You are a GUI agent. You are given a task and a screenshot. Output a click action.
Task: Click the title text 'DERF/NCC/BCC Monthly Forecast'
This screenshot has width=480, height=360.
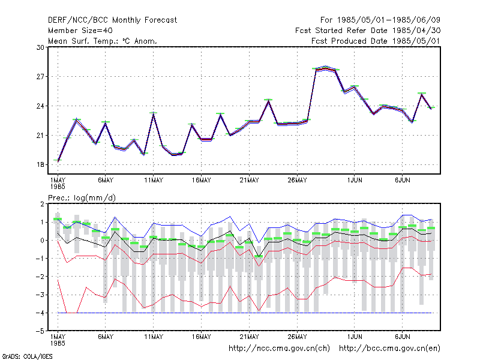tap(112, 20)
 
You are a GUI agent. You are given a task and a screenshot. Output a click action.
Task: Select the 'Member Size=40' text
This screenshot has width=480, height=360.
tap(80, 31)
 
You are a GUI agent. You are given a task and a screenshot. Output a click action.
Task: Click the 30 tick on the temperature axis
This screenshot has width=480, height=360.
tap(40, 47)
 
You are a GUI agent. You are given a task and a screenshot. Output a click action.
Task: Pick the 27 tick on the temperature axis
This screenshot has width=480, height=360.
tap(40, 77)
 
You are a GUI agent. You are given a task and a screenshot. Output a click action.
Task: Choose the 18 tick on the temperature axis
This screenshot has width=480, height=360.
tap(40, 164)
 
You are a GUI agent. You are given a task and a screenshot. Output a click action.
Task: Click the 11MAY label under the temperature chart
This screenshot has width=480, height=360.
tap(154, 181)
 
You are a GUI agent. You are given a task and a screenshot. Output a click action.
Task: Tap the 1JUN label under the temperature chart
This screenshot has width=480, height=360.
tap(355, 181)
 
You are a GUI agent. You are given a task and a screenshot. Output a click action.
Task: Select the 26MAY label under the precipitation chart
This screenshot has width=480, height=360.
tap(297, 337)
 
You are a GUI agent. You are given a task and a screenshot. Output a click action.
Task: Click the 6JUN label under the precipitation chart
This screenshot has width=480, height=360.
tap(402, 337)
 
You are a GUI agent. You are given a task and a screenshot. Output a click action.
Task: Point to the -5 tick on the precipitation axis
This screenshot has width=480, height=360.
tap(40, 331)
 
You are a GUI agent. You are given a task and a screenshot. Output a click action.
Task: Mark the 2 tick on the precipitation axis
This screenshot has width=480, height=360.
tap(42, 204)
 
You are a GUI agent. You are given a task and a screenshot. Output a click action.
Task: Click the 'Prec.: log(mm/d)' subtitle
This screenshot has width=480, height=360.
tap(82, 198)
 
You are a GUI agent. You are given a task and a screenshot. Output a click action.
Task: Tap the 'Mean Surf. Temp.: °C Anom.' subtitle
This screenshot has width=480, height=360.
tap(102, 41)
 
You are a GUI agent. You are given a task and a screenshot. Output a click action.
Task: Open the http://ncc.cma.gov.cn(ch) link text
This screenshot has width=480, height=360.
tap(279, 349)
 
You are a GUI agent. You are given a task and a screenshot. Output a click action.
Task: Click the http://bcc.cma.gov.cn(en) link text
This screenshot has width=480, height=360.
tap(389, 349)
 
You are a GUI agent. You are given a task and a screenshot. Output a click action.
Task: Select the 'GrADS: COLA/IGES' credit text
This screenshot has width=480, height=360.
tap(27, 356)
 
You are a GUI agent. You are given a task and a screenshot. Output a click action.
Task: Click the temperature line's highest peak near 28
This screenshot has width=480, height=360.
tap(325, 68)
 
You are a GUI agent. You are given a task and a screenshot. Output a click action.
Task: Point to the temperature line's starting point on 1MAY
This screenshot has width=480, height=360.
tap(58, 161)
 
